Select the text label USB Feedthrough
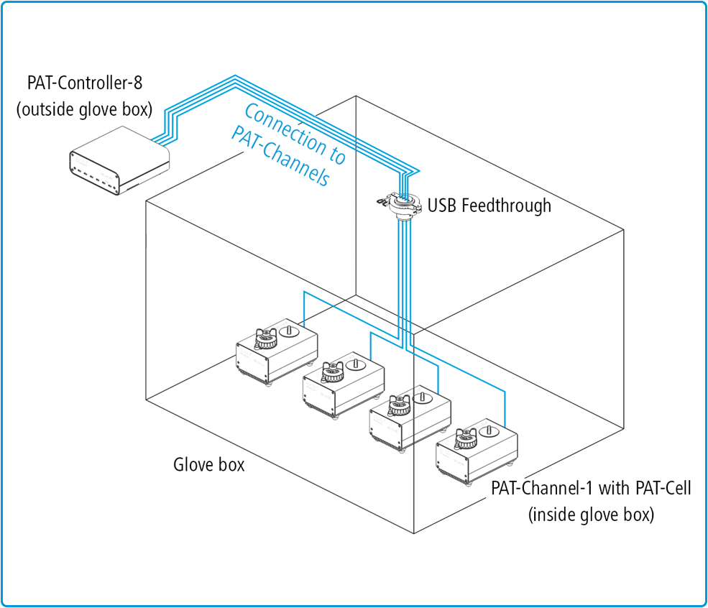coord(489,206)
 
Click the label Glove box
coord(209,464)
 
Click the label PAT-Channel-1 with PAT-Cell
coord(591,489)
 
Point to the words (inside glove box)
coord(591,515)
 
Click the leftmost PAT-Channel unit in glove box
coord(277,351)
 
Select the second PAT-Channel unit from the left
coord(341,384)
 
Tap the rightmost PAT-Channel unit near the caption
coord(477,452)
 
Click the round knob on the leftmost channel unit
coord(289,332)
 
